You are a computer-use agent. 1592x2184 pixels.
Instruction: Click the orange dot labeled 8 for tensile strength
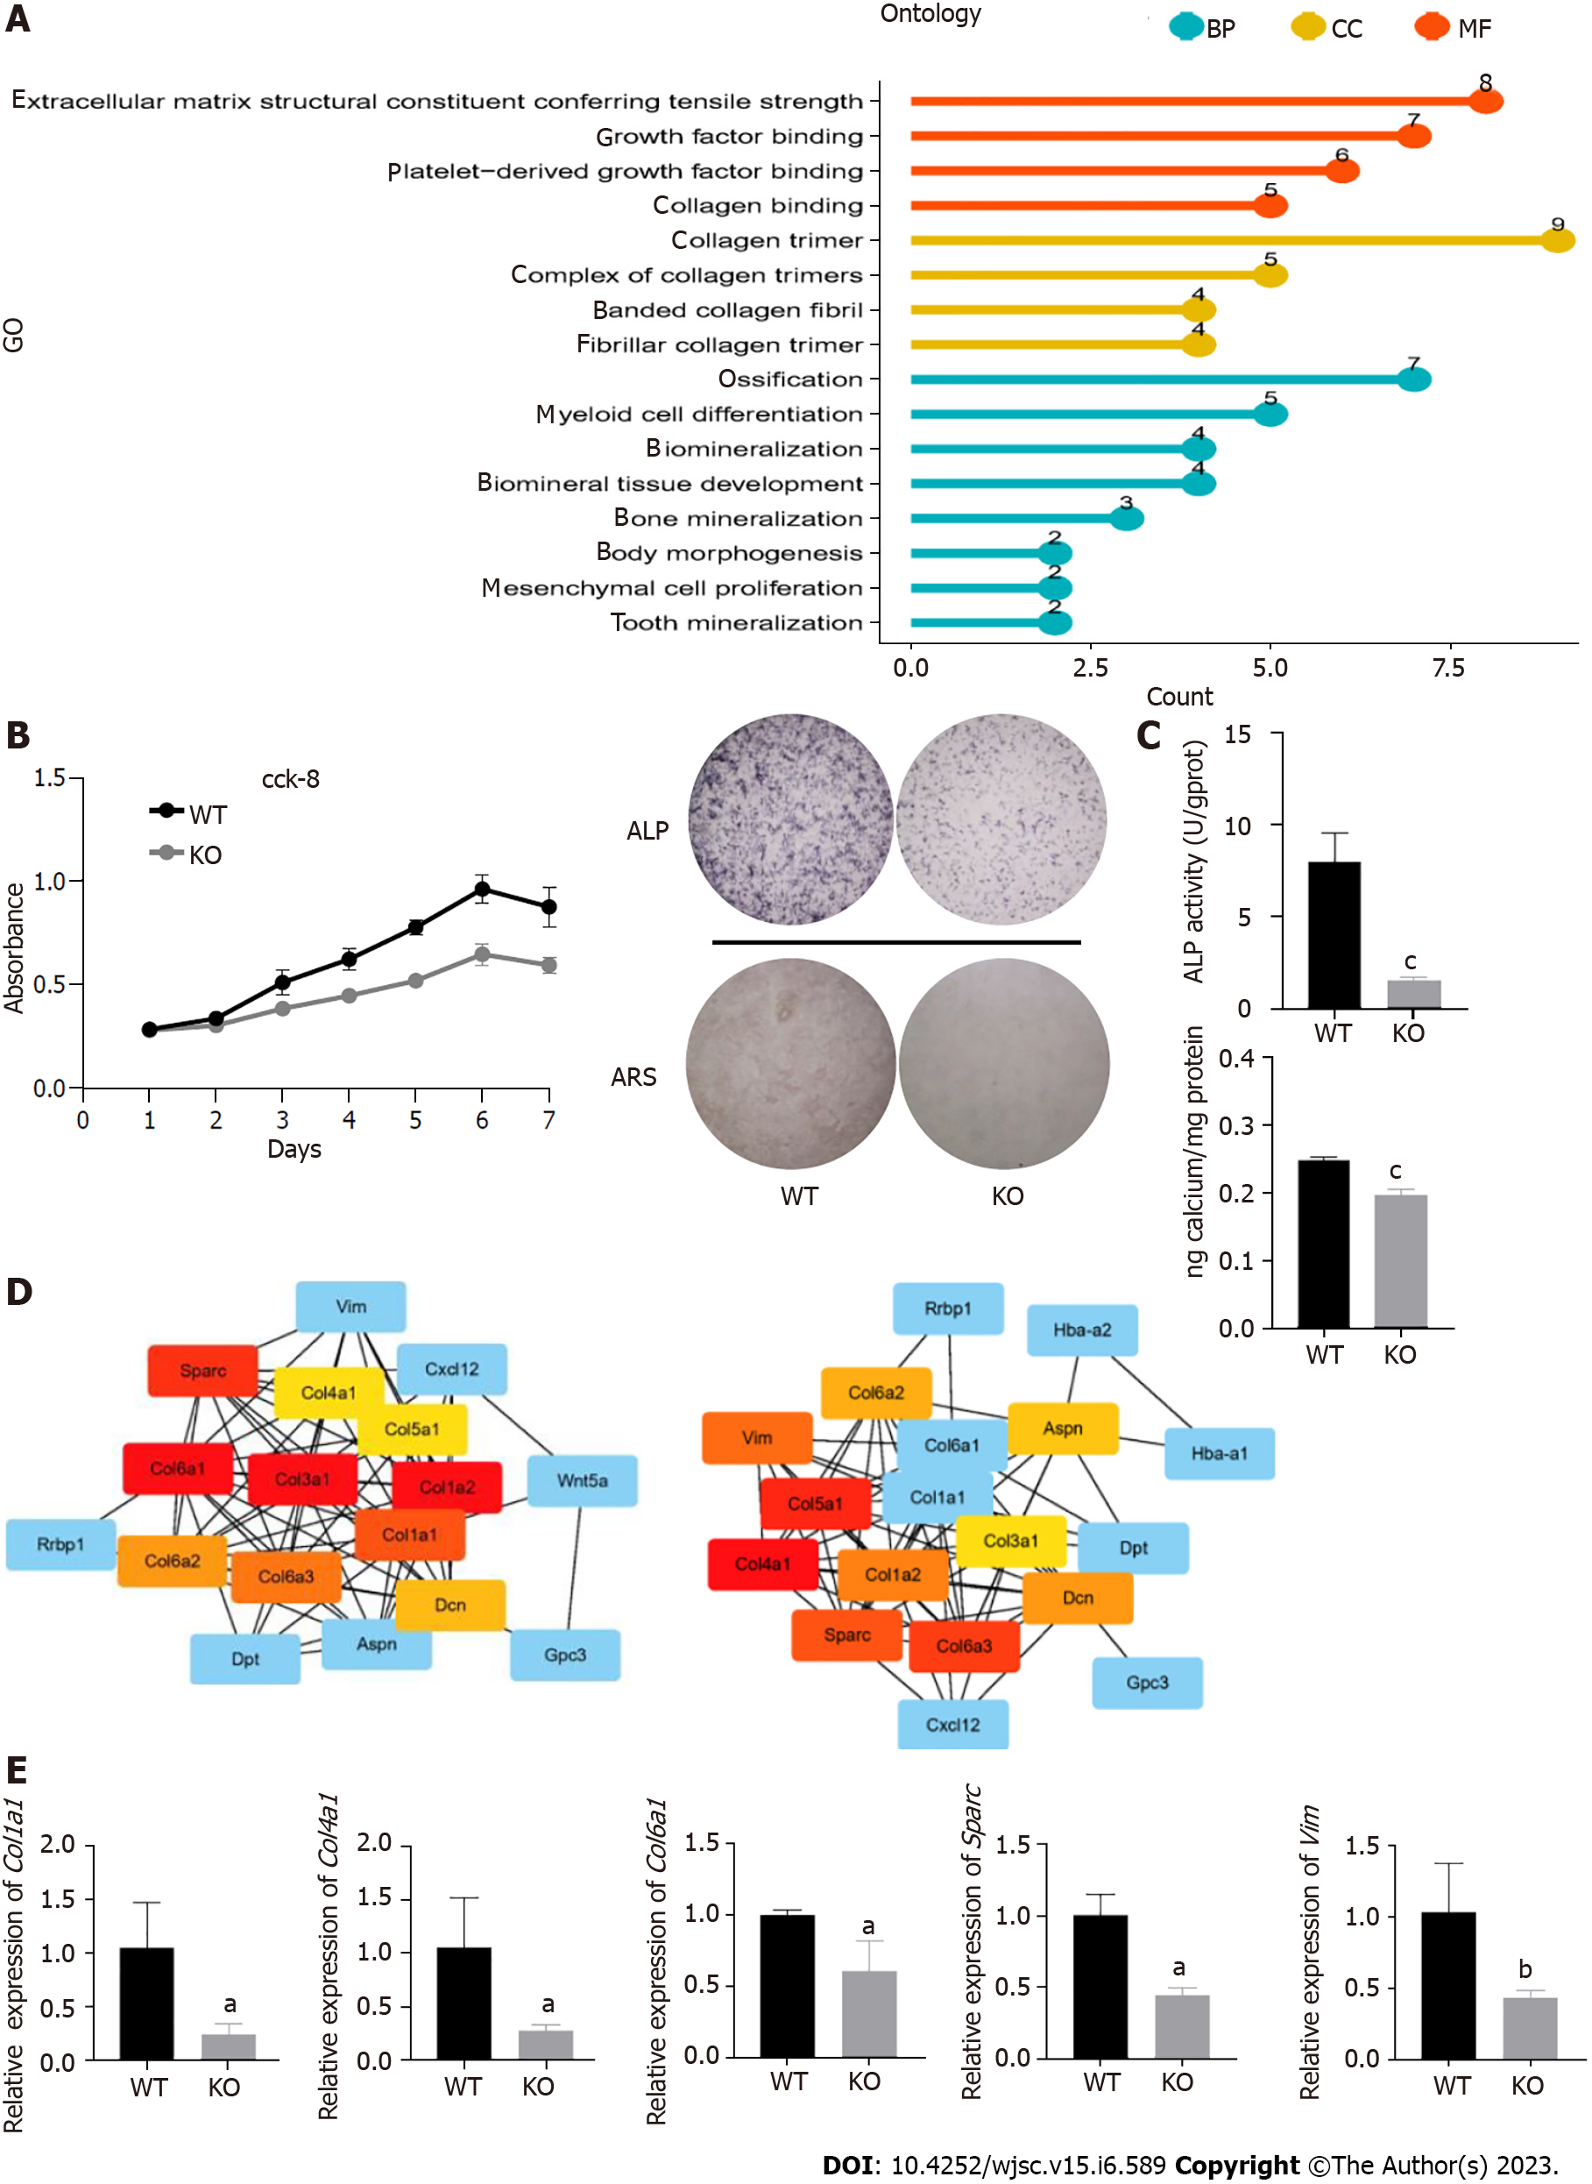1485,100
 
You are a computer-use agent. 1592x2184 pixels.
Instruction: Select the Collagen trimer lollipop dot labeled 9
1557,239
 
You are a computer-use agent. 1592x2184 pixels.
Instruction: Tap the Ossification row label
789,379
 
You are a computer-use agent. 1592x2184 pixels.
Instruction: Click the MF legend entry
1454,27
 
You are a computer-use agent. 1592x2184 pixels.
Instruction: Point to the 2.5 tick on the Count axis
1090,667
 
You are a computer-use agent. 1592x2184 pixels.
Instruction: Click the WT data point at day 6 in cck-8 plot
482,889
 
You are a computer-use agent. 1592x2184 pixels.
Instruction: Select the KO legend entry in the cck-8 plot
187,854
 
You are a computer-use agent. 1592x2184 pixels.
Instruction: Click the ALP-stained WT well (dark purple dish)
790,819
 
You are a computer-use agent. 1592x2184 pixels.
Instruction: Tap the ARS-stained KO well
1003,1063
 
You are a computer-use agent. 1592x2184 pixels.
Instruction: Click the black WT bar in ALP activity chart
1334,934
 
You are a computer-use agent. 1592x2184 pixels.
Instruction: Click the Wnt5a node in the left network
582,1479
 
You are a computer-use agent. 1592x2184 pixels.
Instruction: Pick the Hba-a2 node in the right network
1081,1330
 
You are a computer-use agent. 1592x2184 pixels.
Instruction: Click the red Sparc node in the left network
202,1370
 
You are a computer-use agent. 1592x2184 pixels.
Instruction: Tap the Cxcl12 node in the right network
952,1723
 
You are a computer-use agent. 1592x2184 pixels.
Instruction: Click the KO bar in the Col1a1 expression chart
229,2046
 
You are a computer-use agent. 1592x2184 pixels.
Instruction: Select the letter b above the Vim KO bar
1525,1968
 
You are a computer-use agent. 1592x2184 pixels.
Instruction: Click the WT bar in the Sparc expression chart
1100,1985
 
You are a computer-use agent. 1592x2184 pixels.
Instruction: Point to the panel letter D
19,1292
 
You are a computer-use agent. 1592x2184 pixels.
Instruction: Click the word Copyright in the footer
1236,2165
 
